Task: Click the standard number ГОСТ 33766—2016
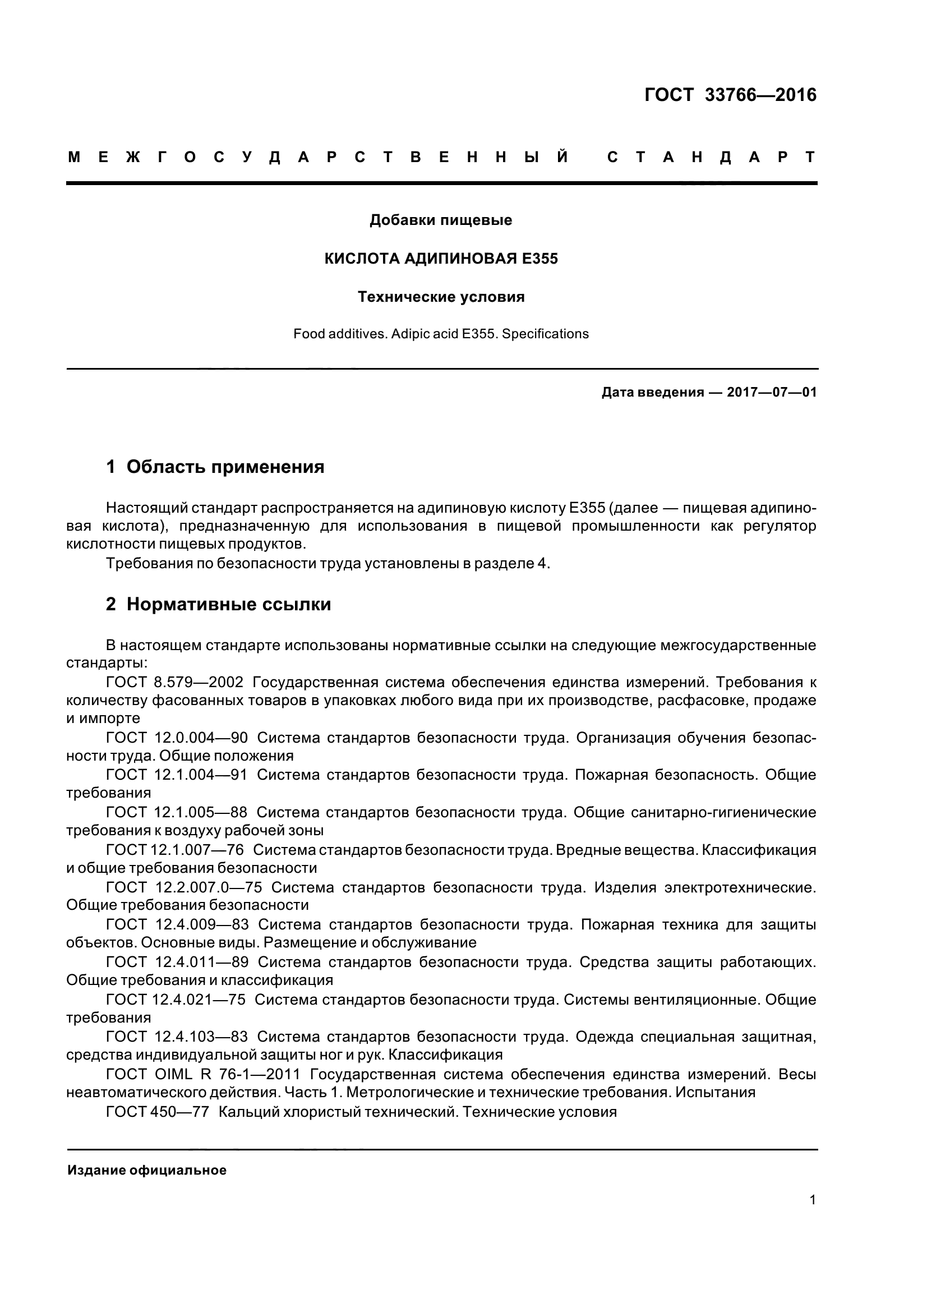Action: (730, 95)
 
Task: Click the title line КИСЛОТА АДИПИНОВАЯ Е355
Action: (441, 259)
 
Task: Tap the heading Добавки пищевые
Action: (441, 220)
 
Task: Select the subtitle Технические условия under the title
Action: (441, 297)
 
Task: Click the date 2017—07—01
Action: (772, 393)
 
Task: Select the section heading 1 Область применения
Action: (215, 467)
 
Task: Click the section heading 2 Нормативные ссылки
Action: (219, 604)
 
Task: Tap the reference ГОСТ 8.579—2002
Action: (175, 682)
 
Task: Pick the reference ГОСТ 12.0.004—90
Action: (177, 738)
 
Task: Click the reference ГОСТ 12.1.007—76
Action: (175, 850)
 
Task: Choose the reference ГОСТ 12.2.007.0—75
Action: (184, 887)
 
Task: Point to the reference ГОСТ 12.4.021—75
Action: (176, 1000)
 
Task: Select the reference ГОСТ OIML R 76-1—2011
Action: (204, 1074)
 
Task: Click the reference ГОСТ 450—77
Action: (158, 1112)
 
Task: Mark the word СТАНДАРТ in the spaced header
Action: (711, 157)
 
